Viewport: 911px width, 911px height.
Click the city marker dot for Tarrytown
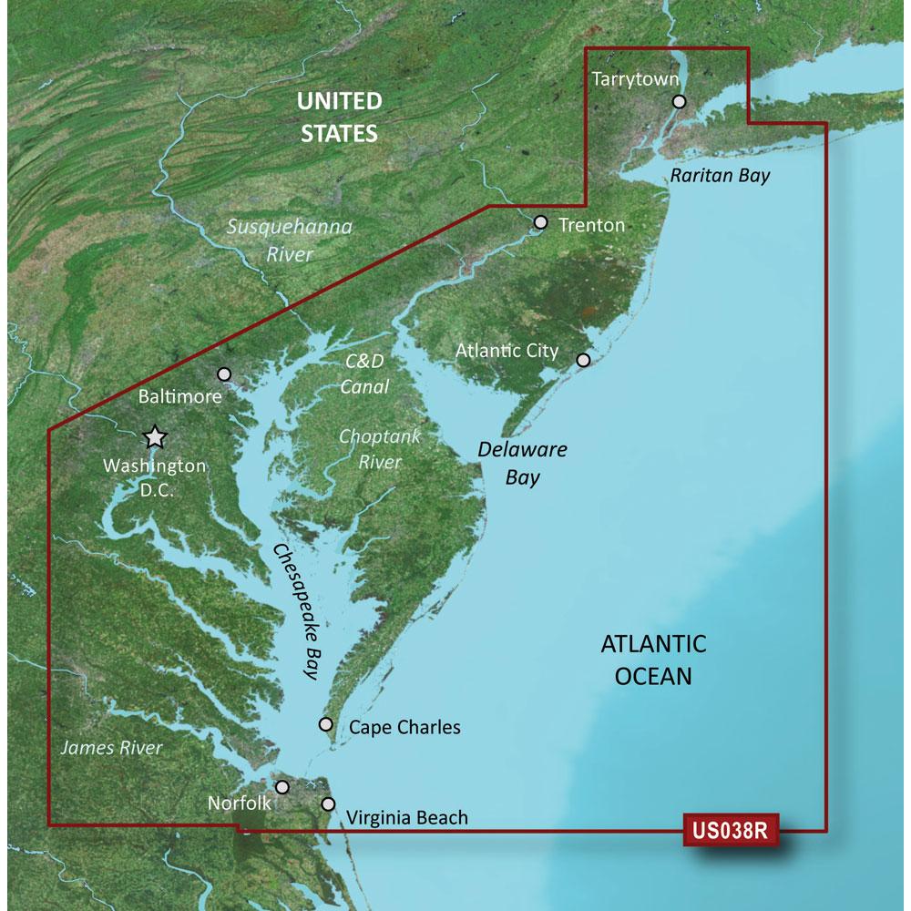pyautogui.click(x=679, y=103)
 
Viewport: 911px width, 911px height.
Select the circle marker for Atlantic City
pyautogui.click(x=584, y=360)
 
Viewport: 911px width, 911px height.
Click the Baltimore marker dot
pyautogui.click(x=225, y=374)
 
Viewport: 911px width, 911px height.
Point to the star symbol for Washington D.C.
pyautogui.click(x=156, y=437)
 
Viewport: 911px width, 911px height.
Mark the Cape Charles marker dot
pyautogui.click(x=326, y=724)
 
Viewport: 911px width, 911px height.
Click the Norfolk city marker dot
pyautogui.click(x=282, y=787)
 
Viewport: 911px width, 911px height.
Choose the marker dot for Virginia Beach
pyautogui.click(x=328, y=804)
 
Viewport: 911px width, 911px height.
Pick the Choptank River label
pyautogui.click(x=380, y=449)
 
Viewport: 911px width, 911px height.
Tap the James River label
pyautogui.click(x=110, y=748)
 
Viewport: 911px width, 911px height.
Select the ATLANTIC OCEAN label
pyautogui.click(x=653, y=660)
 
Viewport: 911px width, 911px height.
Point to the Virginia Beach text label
pyautogui.click(x=407, y=817)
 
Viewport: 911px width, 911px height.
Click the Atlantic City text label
pyautogui.click(x=507, y=350)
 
